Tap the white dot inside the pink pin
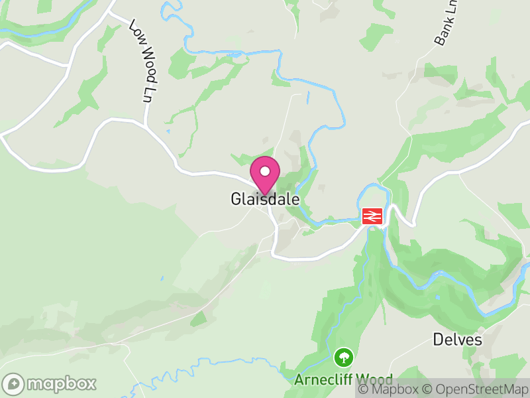point(265,171)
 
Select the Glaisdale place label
point(265,199)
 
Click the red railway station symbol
point(372,216)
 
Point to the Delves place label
point(457,340)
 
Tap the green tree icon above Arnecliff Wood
point(343,358)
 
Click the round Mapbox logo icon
point(14,384)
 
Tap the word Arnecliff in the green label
point(323,380)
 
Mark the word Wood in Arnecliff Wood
point(374,380)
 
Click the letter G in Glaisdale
point(236,199)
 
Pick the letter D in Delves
point(438,340)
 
